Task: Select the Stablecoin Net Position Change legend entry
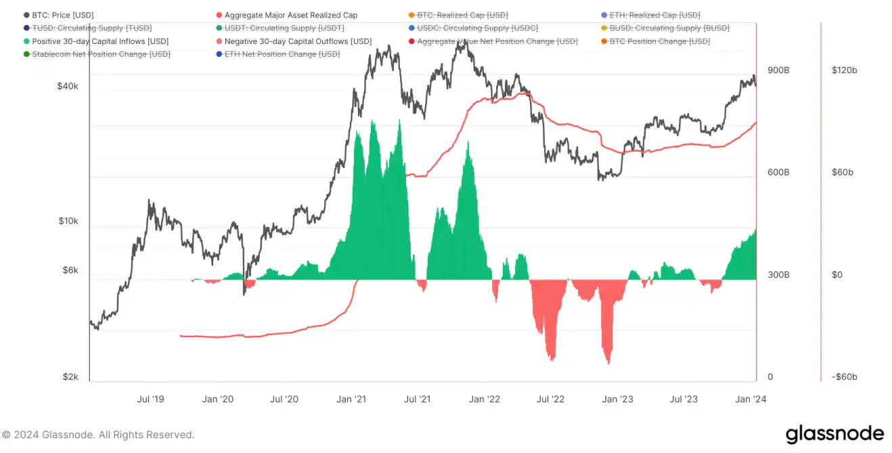[x=101, y=54]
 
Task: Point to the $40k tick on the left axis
[x=68, y=87]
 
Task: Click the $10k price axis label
[x=68, y=221]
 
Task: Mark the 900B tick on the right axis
[x=778, y=70]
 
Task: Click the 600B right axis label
[x=778, y=173]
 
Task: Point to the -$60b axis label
[x=845, y=377]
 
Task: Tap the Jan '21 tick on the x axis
[x=351, y=400]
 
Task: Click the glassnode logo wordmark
[x=834, y=434]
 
